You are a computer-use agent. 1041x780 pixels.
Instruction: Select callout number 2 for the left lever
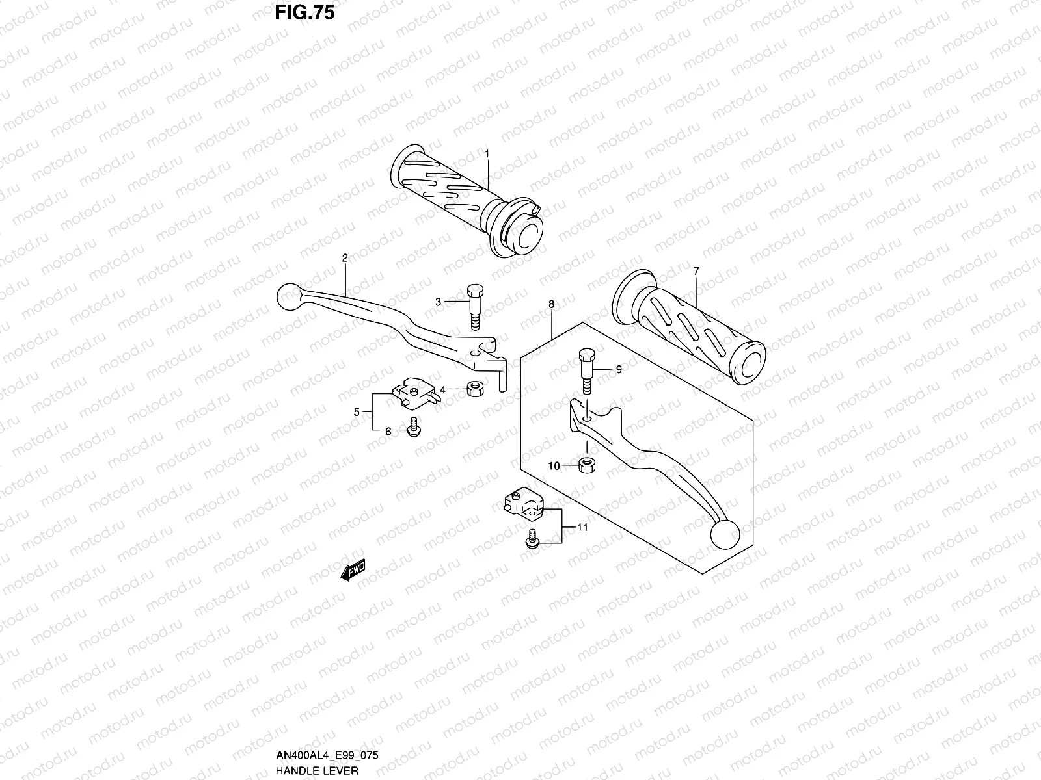coord(345,257)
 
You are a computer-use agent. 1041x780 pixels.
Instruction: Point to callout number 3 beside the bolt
coord(439,302)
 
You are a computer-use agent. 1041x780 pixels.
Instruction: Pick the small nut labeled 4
coord(474,389)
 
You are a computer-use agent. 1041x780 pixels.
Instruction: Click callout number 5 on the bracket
coord(357,411)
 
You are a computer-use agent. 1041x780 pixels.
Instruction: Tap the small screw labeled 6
coord(411,428)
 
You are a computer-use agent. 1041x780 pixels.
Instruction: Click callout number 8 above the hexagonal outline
coord(552,304)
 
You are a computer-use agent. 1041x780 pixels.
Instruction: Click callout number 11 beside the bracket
coord(582,527)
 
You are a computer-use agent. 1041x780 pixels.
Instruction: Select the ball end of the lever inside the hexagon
coord(725,535)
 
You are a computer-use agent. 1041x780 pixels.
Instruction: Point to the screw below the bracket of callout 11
coord(530,539)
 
